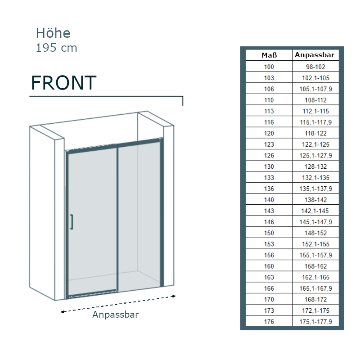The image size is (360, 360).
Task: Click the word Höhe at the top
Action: point(53,33)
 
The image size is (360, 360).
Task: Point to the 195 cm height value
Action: point(57,48)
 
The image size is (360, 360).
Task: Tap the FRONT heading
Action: point(63,83)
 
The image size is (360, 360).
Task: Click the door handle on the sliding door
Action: point(72,222)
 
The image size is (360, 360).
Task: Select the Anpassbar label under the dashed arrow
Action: point(116,315)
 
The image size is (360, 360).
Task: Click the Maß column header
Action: point(269,55)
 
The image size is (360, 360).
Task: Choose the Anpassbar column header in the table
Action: point(315,55)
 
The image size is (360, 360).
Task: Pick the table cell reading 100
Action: point(269,67)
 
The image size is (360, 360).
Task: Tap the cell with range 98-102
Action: point(315,67)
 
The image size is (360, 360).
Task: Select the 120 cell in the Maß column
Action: point(269,133)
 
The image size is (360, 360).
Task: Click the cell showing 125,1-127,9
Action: point(316,155)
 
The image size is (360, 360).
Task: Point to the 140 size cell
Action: point(269,200)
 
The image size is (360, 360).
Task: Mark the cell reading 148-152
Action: point(316,233)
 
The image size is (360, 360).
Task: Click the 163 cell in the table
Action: point(269,277)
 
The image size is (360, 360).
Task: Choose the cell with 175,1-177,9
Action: point(316,322)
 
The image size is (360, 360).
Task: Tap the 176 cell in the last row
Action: point(269,322)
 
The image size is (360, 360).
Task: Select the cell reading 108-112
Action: point(316,100)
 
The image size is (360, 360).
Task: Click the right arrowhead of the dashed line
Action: point(174,296)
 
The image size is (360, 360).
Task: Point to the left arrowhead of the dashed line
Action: point(62,312)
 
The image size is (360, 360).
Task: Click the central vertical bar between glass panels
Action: point(117,218)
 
